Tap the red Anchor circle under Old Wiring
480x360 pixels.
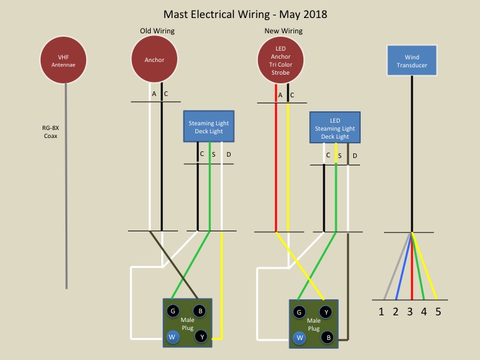point(154,61)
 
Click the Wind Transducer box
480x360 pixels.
point(412,61)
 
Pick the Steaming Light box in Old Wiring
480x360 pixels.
point(210,127)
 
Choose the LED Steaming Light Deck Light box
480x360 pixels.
point(335,128)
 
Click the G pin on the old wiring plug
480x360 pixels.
point(173,311)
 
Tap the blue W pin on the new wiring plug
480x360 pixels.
point(299,337)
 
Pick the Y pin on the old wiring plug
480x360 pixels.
point(200,337)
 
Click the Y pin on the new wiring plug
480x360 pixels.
point(326,311)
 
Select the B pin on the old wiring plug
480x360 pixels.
point(199,311)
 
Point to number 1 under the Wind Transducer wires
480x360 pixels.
point(381,311)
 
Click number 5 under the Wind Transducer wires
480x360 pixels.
point(438,311)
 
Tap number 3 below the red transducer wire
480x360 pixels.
point(410,311)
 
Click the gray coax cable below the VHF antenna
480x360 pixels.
point(66,200)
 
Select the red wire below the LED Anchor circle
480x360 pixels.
point(275,167)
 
